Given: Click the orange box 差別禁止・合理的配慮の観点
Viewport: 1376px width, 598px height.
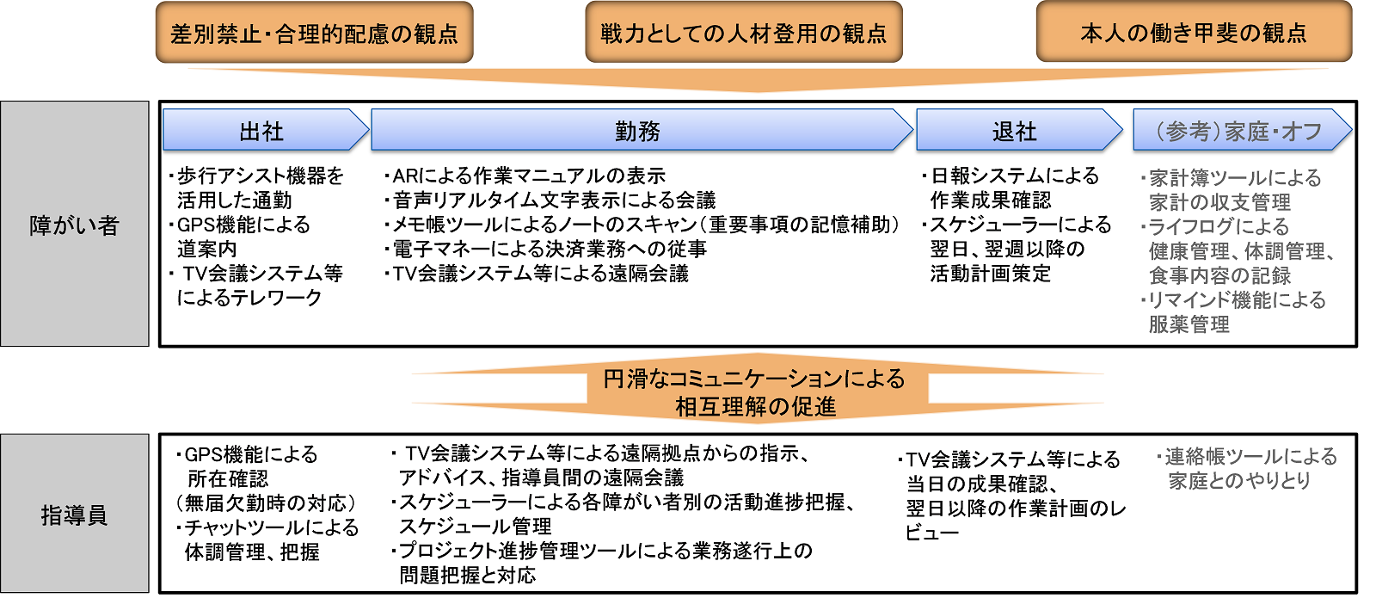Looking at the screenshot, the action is tap(314, 32).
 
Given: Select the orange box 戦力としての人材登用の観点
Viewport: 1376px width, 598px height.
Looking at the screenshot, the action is tap(743, 32).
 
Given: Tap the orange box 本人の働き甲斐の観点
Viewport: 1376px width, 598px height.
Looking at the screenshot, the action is tap(1194, 32).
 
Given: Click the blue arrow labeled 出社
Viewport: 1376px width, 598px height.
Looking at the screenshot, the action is tap(266, 130).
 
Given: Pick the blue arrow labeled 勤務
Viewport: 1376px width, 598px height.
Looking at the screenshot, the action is tap(642, 130).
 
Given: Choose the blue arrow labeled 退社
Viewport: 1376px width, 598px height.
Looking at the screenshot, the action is tap(1019, 130).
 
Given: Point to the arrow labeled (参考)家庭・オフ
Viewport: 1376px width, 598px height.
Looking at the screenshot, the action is tap(1242, 130).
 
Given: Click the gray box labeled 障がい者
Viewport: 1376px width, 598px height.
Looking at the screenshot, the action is tap(74, 224).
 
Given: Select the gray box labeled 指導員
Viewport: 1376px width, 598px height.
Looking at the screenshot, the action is tap(74, 514).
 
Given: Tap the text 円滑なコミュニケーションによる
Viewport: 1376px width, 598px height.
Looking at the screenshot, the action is tap(754, 379).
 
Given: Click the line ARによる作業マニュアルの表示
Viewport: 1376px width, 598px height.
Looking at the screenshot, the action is tap(525, 176).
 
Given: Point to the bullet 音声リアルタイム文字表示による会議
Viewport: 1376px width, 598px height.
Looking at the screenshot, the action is tap(550, 200).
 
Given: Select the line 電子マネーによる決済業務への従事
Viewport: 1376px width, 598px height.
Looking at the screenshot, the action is tap(545, 249).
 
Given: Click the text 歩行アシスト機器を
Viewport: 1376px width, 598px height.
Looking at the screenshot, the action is tap(256, 176).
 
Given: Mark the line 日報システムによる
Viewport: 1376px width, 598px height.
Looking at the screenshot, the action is tap(1010, 176).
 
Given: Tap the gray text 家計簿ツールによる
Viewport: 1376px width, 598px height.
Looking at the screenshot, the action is tap(1231, 178).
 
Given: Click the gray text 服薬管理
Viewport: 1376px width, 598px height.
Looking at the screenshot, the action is tap(1189, 324).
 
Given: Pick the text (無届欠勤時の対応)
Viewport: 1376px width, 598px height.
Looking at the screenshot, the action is tap(266, 503).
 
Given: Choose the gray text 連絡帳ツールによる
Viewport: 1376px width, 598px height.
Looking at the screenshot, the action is tap(1246, 457).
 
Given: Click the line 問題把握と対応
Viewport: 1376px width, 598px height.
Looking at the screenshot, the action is tap(468, 576).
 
